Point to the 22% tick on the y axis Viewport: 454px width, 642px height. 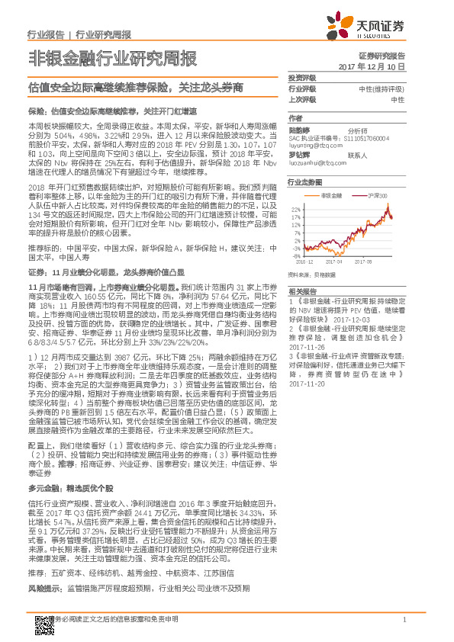coord(295,207)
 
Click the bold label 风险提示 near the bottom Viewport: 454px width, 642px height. coord(44,588)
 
